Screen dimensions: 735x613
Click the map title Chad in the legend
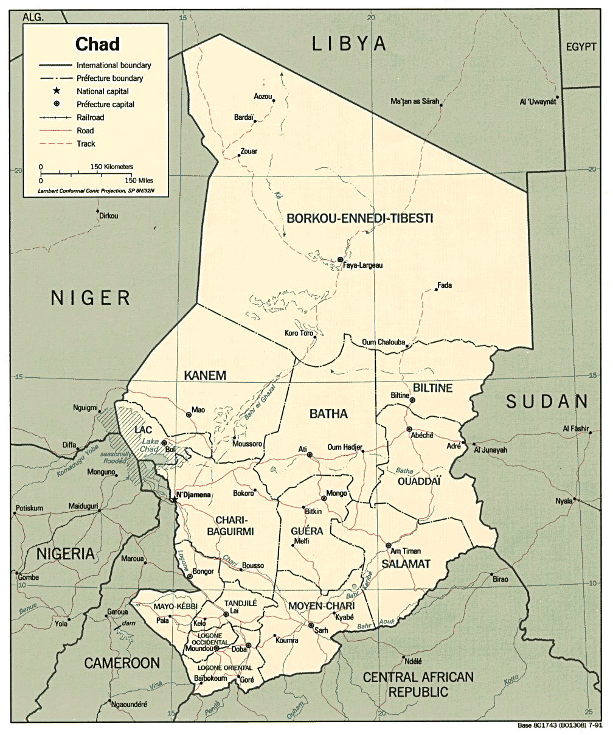tap(97, 44)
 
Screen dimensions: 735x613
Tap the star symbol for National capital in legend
tap(55, 91)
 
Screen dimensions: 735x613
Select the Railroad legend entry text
tap(90, 117)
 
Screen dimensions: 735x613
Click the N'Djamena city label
tap(193, 495)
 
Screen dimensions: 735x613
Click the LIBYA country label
tap(349, 43)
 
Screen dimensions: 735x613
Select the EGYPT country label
tap(581, 47)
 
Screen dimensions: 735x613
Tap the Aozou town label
tap(262, 97)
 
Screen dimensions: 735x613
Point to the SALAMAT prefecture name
tap(406, 564)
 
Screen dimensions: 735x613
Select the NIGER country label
tap(91, 298)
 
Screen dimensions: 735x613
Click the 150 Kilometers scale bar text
tap(112, 166)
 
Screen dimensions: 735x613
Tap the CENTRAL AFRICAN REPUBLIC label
tap(418, 684)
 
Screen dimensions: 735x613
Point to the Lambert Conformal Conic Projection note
tap(96, 191)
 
